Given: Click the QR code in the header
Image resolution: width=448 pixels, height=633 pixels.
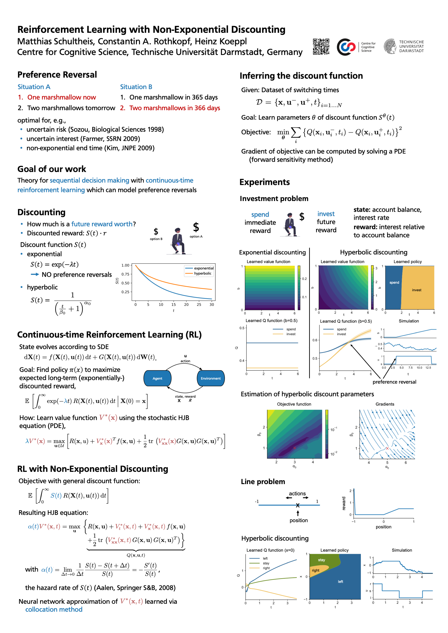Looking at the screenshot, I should (x=321, y=47).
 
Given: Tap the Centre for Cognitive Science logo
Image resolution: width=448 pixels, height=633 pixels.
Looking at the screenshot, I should (x=356, y=47).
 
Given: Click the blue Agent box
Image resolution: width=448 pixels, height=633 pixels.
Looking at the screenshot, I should (x=157, y=378).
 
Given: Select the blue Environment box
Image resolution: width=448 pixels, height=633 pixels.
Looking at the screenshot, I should (x=211, y=378).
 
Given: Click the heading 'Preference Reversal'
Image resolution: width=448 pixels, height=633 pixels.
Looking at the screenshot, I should (x=57, y=75).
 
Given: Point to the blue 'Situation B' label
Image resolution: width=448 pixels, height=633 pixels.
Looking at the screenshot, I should (x=136, y=87).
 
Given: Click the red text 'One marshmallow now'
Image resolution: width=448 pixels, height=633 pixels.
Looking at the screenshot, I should (x=61, y=97).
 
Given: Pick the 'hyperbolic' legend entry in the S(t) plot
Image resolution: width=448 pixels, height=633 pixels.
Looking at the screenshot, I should (x=202, y=273).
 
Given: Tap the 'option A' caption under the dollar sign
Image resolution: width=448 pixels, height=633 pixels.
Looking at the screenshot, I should (x=196, y=236).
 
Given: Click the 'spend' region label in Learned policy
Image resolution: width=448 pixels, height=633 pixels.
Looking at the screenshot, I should (x=394, y=283).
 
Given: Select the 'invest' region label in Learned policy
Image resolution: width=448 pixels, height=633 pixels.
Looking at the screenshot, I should (x=417, y=290).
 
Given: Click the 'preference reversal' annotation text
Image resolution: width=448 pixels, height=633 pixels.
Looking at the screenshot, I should (x=394, y=382).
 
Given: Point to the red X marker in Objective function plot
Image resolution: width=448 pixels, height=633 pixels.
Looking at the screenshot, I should (x=294, y=448).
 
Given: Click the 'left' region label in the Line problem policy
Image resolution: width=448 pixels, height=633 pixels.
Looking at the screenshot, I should (x=340, y=582).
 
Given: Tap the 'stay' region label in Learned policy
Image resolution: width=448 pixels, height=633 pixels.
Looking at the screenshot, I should (x=321, y=560).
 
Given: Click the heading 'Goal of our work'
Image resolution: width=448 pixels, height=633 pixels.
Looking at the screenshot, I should (x=51, y=169).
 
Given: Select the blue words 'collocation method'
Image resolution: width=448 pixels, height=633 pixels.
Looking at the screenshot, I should (x=54, y=609).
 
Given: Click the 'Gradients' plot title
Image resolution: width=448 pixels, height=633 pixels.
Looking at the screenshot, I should (x=385, y=404).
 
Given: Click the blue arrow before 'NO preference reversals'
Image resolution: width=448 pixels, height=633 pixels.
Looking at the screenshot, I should (x=35, y=274).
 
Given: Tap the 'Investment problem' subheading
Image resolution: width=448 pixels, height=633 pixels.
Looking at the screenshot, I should (x=274, y=199).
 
